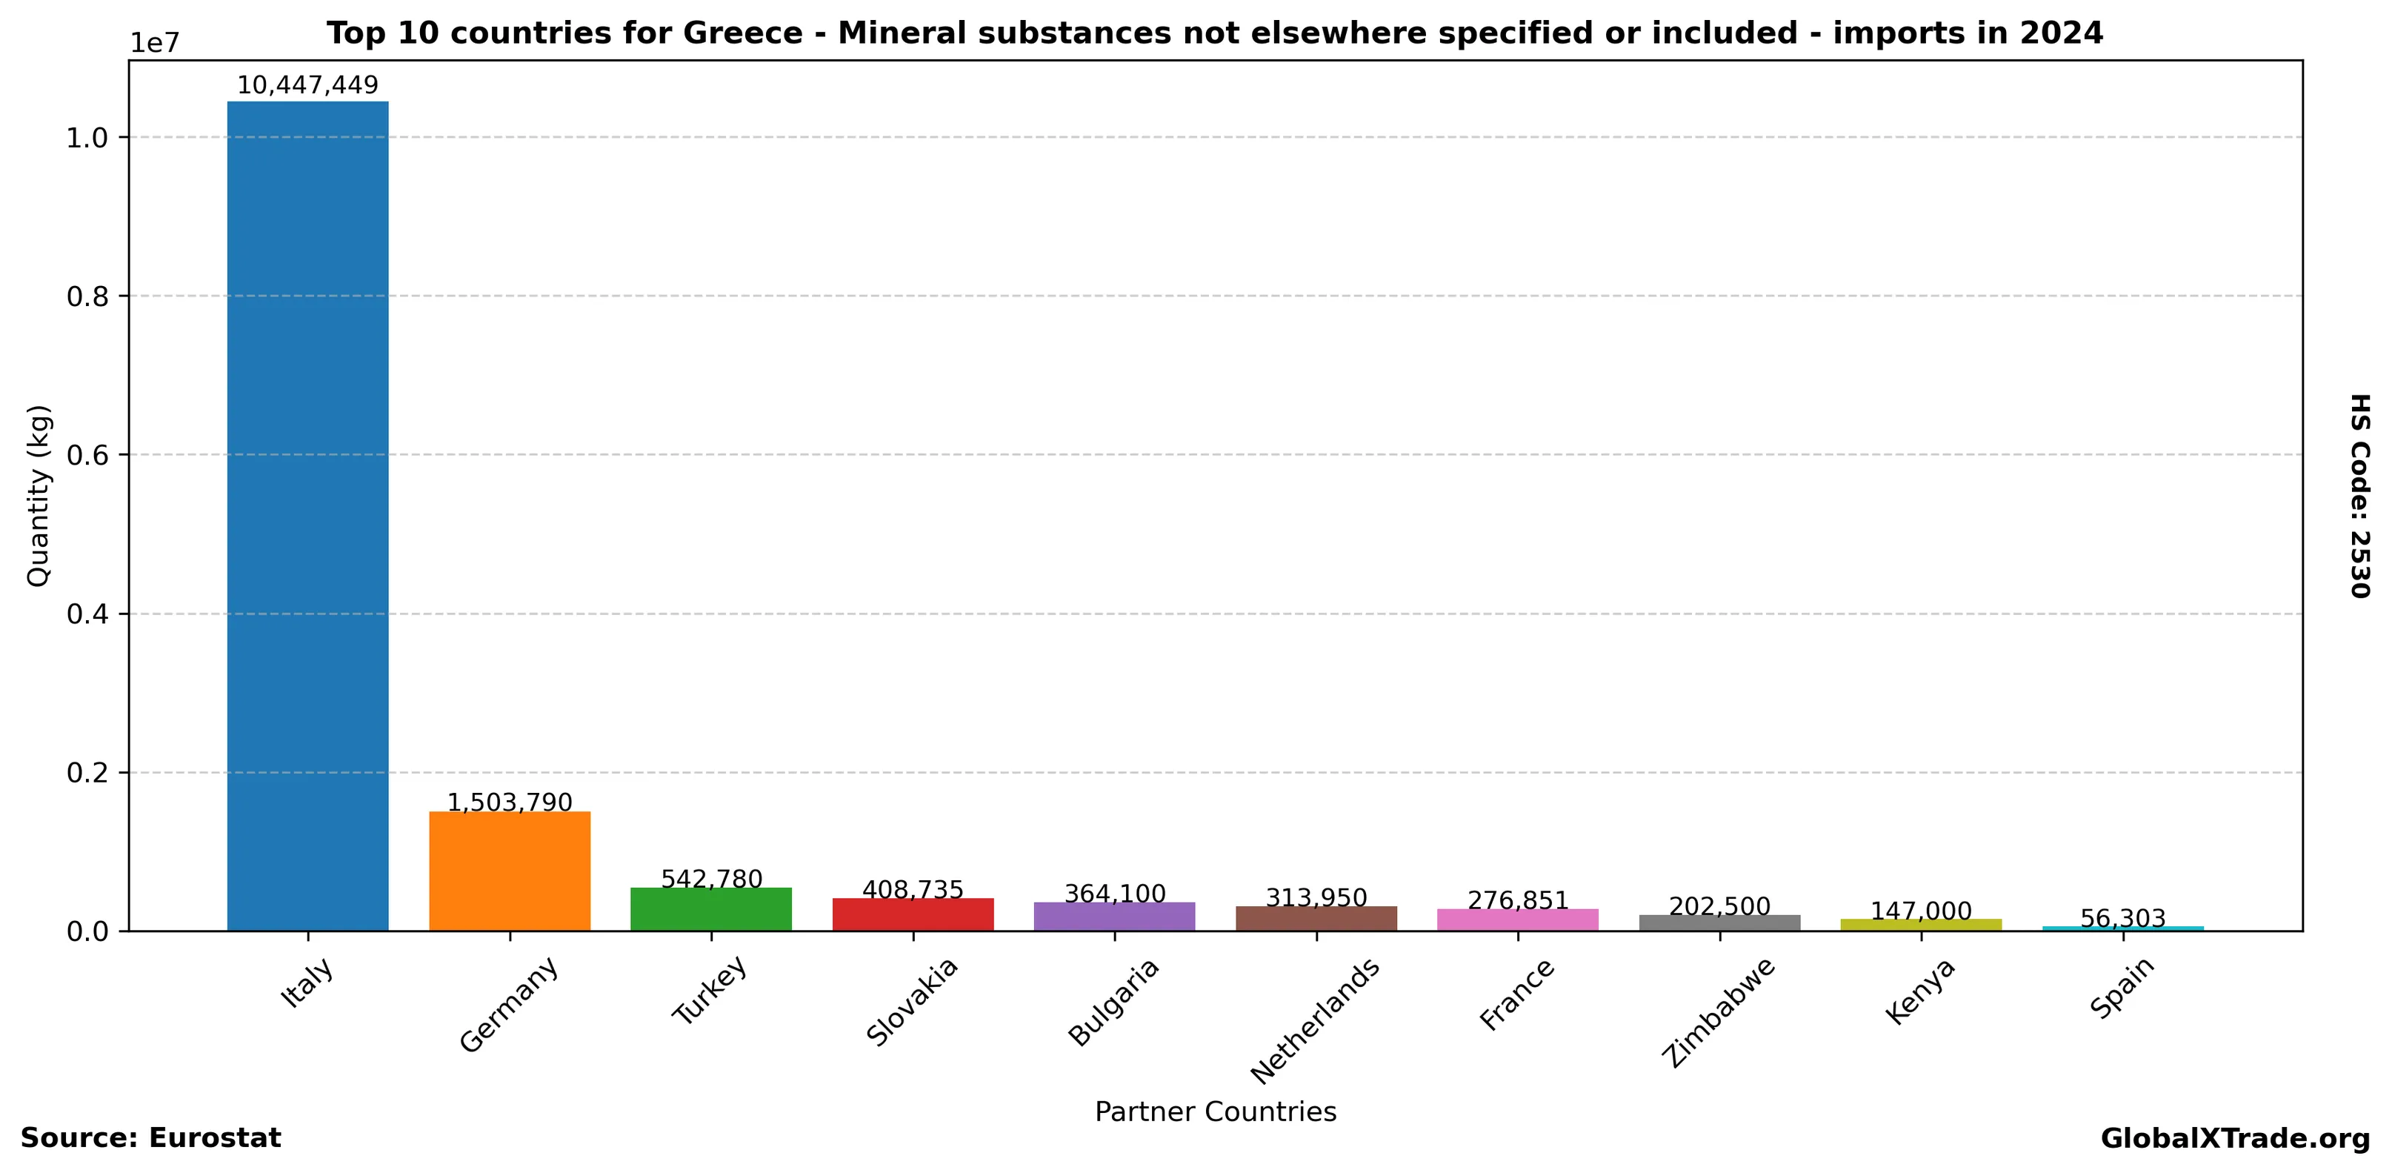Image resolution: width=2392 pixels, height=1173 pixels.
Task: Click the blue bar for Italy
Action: [307, 516]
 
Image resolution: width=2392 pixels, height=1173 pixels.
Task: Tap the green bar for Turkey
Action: [710, 908]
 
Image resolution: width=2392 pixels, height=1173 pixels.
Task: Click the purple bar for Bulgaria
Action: [1114, 916]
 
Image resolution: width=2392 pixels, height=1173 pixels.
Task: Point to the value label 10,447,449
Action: [307, 85]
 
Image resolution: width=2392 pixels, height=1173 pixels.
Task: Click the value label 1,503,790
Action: [509, 803]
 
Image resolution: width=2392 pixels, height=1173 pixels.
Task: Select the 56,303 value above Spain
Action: [2122, 919]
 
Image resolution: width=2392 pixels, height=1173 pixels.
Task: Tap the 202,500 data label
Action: [1719, 906]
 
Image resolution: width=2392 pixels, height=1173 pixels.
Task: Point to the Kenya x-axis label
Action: [1920, 991]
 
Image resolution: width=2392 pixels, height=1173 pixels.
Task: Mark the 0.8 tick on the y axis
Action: [87, 296]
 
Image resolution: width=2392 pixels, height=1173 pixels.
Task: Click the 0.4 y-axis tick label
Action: [87, 614]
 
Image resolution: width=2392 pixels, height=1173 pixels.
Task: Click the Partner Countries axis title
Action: [1215, 1111]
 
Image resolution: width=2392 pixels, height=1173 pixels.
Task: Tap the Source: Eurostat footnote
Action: [150, 1139]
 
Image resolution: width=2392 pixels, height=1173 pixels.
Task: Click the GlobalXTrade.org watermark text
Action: [2234, 1139]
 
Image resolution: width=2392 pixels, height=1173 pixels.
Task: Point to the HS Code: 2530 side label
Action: [2359, 496]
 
